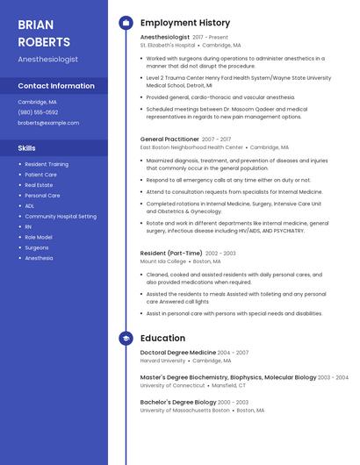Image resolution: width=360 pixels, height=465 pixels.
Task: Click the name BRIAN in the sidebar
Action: click(36, 24)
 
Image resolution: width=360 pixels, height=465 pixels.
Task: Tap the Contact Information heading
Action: click(56, 86)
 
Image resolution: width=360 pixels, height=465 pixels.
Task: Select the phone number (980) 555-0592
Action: click(38, 112)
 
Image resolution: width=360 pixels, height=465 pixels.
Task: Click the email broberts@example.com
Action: click(48, 123)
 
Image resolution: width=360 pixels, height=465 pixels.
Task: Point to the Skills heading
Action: click(27, 148)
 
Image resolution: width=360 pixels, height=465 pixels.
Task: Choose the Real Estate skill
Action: click(39, 185)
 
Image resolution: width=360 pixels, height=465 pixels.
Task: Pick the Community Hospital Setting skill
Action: click(61, 216)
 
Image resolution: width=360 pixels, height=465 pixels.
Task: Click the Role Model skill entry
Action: click(39, 237)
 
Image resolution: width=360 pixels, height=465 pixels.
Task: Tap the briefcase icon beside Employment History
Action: click(126, 23)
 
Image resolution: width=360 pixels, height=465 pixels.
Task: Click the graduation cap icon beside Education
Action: click(126, 338)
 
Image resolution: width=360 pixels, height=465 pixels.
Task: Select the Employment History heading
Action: click(185, 23)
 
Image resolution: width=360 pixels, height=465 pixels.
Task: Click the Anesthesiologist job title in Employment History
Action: click(165, 37)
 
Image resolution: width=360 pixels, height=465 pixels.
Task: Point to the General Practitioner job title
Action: click(169, 139)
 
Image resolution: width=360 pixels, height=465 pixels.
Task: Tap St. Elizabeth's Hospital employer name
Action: click(168, 45)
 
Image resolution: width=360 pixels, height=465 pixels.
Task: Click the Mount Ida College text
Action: click(162, 261)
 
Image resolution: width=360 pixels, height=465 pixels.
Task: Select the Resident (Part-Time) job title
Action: click(170, 253)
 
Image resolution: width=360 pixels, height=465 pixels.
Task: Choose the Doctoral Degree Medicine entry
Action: click(178, 352)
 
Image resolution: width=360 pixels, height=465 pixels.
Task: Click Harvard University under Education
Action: click(163, 360)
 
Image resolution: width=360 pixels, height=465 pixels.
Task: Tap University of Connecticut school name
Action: click(171, 385)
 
